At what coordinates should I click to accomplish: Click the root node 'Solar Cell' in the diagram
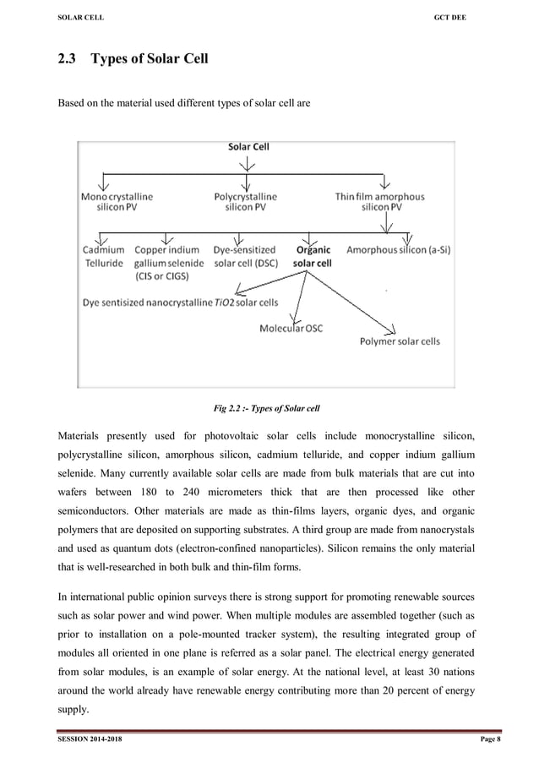pos(248,146)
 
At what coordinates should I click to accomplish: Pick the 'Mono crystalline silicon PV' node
pos(117,202)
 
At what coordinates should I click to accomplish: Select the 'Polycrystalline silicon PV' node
pos(245,202)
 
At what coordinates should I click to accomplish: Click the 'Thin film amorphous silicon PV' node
pos(380,202)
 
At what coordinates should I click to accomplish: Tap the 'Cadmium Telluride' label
pos(104,256)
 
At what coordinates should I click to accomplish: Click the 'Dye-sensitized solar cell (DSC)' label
pos(244,256)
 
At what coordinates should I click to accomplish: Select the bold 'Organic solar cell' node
pos(313,256)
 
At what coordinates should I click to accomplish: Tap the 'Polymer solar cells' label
pos(400,341)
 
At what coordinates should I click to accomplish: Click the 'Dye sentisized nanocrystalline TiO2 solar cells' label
pos(180,302)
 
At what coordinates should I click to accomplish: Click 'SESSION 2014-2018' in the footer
pos(88,741)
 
